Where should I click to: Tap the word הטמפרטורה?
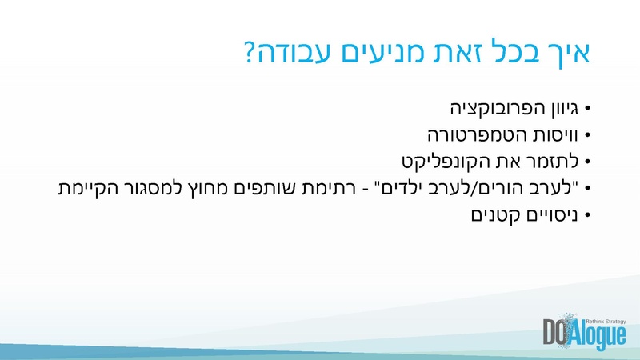point(473,134)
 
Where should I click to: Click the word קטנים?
point(490,215)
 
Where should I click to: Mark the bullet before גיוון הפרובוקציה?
point(587,107)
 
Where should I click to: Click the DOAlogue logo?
point(584,332)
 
